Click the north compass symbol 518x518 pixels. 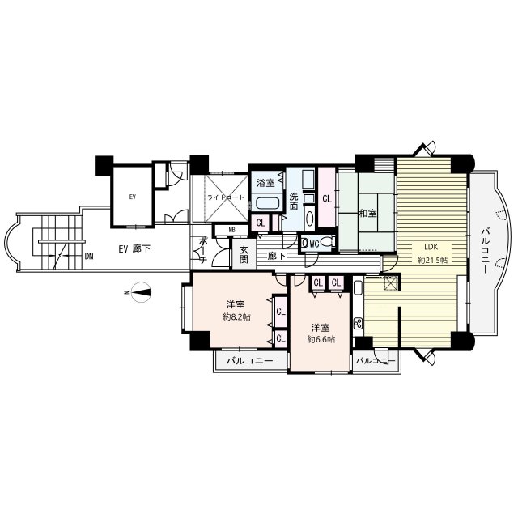coord(140,292)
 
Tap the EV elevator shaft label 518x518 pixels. coord(133,197)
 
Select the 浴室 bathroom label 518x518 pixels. coord(266,183)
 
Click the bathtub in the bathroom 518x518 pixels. coord(268,203)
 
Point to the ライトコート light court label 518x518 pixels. coord(226,197)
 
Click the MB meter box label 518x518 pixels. coord(232,230)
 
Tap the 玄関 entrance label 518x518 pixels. coord(244,254)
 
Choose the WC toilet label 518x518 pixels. coord(314,244)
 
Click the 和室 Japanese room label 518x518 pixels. coord(367,214)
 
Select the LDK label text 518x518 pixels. coord(431,247)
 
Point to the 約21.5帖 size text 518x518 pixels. coord(432,260)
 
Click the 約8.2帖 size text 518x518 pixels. coord(236,317)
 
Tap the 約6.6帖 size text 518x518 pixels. coord(321,339)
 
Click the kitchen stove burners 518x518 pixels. coord(358,323)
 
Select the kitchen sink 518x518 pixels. coord(358,288)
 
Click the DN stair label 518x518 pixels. coord(88,256)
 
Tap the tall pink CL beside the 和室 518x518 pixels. coord(327,197)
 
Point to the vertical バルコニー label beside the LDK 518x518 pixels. coord(485,250)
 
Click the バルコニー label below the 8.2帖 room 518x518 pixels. coord(250,361)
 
